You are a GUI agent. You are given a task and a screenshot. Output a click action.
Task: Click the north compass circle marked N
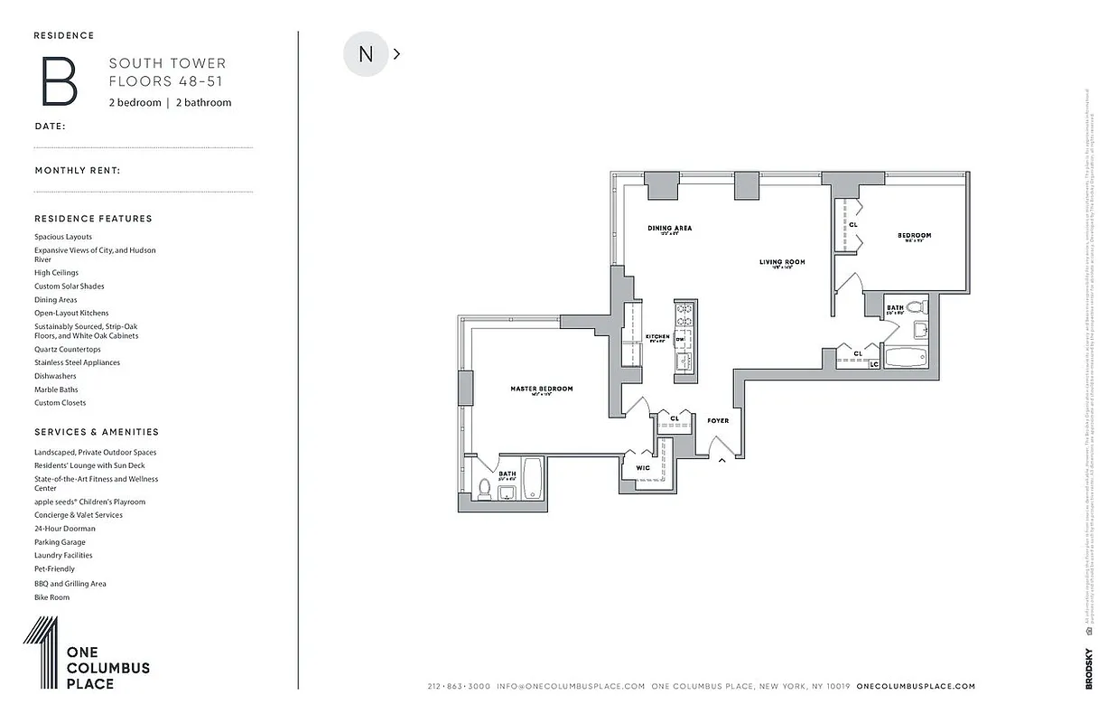pos(366,54)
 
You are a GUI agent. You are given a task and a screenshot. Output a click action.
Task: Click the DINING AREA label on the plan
pos(669,229)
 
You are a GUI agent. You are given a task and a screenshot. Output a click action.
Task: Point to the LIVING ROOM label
pos(781,263)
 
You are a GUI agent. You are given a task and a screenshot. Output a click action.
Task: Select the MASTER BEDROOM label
pos(541,390)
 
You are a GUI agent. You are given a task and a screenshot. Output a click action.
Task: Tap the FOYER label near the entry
pos(718,421)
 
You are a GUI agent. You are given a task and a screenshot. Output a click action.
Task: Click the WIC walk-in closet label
pos(643,468)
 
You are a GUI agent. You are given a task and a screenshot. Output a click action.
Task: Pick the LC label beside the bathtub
pos(873,364)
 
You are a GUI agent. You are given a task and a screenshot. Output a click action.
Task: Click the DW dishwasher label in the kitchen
pos(680,338)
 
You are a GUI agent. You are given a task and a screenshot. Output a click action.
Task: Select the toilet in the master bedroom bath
pos(483,490)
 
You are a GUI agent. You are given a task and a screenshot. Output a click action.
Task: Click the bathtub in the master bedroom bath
pos(532,479)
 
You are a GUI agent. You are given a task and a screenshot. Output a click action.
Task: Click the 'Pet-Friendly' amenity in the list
pos(55,569)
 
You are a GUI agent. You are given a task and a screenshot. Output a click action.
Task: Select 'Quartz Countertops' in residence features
pos(68,349)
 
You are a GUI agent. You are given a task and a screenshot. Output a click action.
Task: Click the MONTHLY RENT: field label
pos(78,171)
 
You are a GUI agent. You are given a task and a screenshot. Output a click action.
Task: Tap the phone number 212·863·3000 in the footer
pos(459,687)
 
